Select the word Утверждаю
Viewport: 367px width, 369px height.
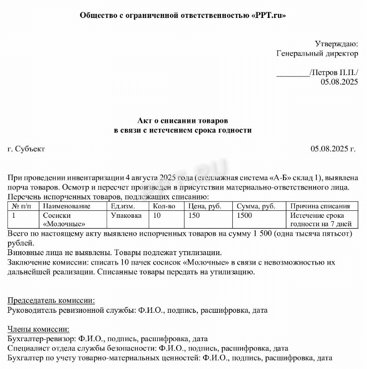336,43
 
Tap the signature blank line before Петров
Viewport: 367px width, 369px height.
292,73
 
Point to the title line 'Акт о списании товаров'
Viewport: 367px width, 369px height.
183,121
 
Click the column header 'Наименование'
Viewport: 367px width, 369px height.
67,206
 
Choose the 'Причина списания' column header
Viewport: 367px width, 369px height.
320,206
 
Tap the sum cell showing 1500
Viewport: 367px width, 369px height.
244,216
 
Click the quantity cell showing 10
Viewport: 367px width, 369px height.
157,216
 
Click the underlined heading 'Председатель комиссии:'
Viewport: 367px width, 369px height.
52,300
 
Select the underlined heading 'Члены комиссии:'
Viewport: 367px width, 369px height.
39,329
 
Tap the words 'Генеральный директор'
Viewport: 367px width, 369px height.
317,53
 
